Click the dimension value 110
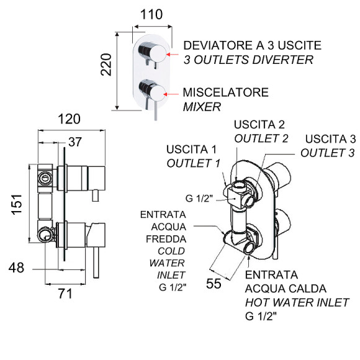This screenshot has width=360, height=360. [151, 14]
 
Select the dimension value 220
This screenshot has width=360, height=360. [106, 65]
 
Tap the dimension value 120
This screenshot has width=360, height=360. [69, 119]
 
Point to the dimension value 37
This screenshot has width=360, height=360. [75, 142]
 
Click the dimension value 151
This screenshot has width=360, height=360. [17, 205]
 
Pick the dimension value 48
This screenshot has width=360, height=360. [16, 268]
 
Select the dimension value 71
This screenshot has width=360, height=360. [65, 294]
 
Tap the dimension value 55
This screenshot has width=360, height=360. [214, 284]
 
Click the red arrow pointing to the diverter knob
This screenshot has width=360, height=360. [172, 55]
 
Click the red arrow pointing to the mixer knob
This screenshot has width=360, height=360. [171, 94]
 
